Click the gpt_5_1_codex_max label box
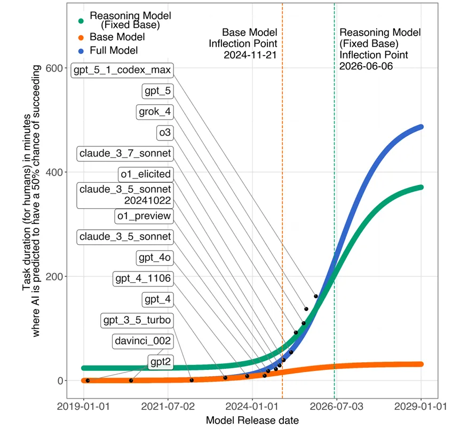[122, 71]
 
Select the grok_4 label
[155, 112]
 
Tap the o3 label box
[164, 133]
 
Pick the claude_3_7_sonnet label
[125, 153]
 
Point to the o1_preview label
[144, 216]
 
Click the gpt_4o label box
[154, 258]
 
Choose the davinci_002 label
[142, 341]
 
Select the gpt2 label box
[161, 362]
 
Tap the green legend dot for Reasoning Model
[81, 20]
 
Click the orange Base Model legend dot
[81, 37]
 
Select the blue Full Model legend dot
[81, 51]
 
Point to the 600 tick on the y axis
[54, 68]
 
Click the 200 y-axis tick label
[54, 276]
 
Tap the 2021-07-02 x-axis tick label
[168, 407]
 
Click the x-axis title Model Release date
[252, 421]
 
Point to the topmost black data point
[315, 296]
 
